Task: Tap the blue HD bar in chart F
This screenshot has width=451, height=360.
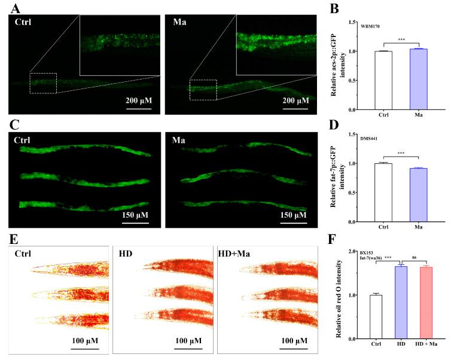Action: (400, 303)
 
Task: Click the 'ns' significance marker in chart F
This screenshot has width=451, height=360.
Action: (414, 257)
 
